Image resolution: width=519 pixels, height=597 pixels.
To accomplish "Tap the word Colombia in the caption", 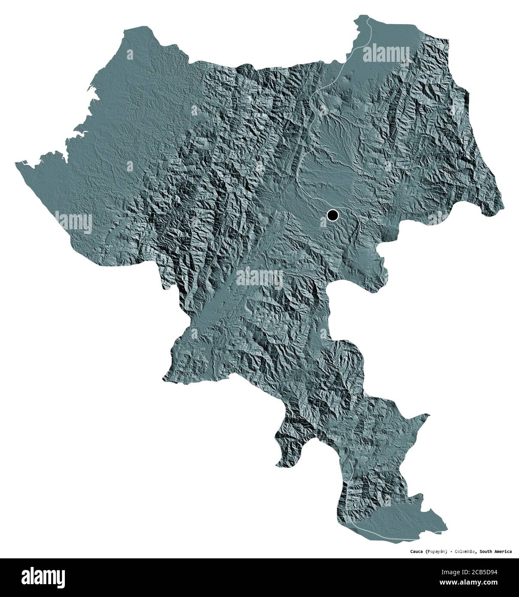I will pyautogui.click(x=470, y=551).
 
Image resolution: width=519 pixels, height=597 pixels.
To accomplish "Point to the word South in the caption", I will pyautogui.click(x=491, y=551).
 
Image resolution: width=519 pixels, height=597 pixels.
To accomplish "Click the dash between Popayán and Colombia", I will pyautogui.click(x=454, y=551).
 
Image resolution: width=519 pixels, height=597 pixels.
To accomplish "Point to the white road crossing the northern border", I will pyautogui.click(x=368, y=19).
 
